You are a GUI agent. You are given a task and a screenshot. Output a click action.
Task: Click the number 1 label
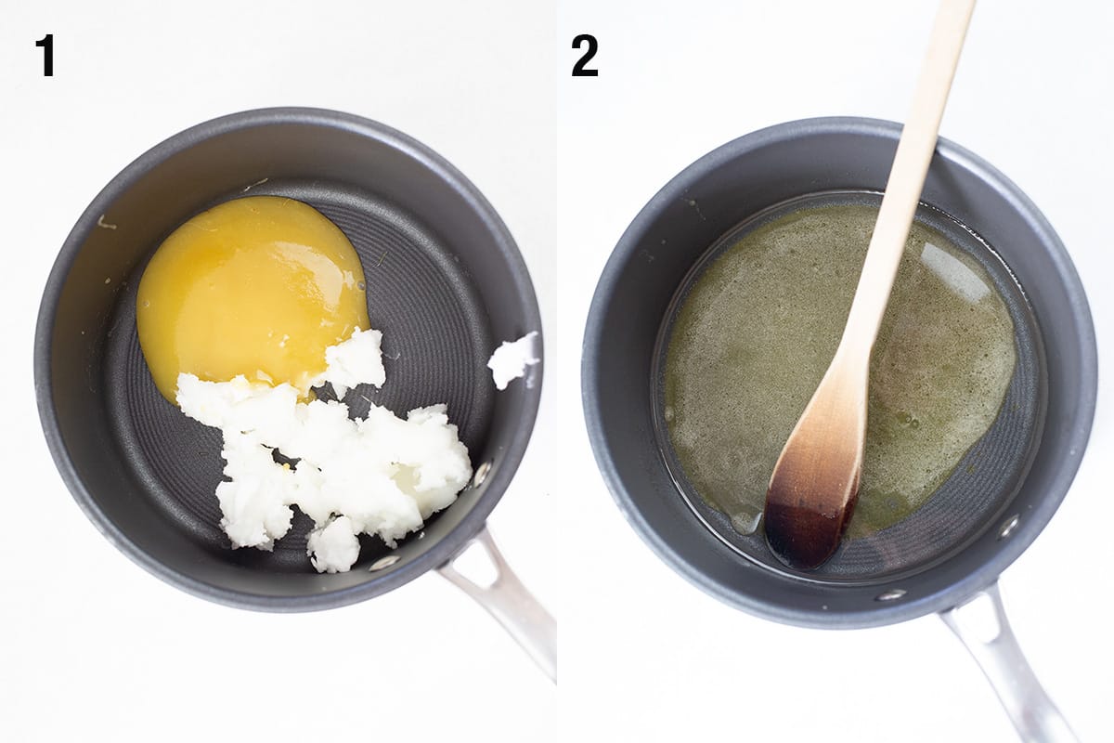[x=45, y=55]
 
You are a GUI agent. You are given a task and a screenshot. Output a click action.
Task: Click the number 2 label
[x=585, y=56]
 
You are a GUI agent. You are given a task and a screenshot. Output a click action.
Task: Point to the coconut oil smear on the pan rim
[x=513, y=359]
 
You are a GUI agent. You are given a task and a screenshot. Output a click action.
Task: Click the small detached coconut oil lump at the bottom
[x=334, y=545]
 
